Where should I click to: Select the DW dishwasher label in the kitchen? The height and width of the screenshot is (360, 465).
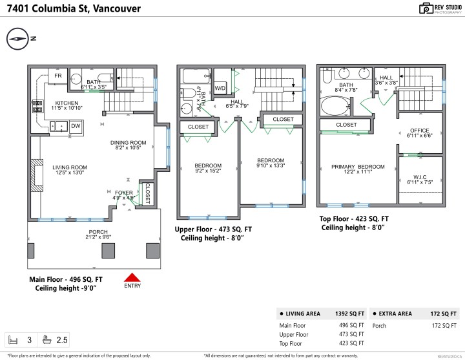tap(76, 125)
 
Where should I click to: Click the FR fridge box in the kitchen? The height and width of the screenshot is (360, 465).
tap(57, 75)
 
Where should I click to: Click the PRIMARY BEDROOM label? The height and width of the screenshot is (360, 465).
tap(358, 167)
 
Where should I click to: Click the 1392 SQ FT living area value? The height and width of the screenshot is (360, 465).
tap(349, 313)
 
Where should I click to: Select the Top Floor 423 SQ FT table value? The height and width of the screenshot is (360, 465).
tap(353, 344)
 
